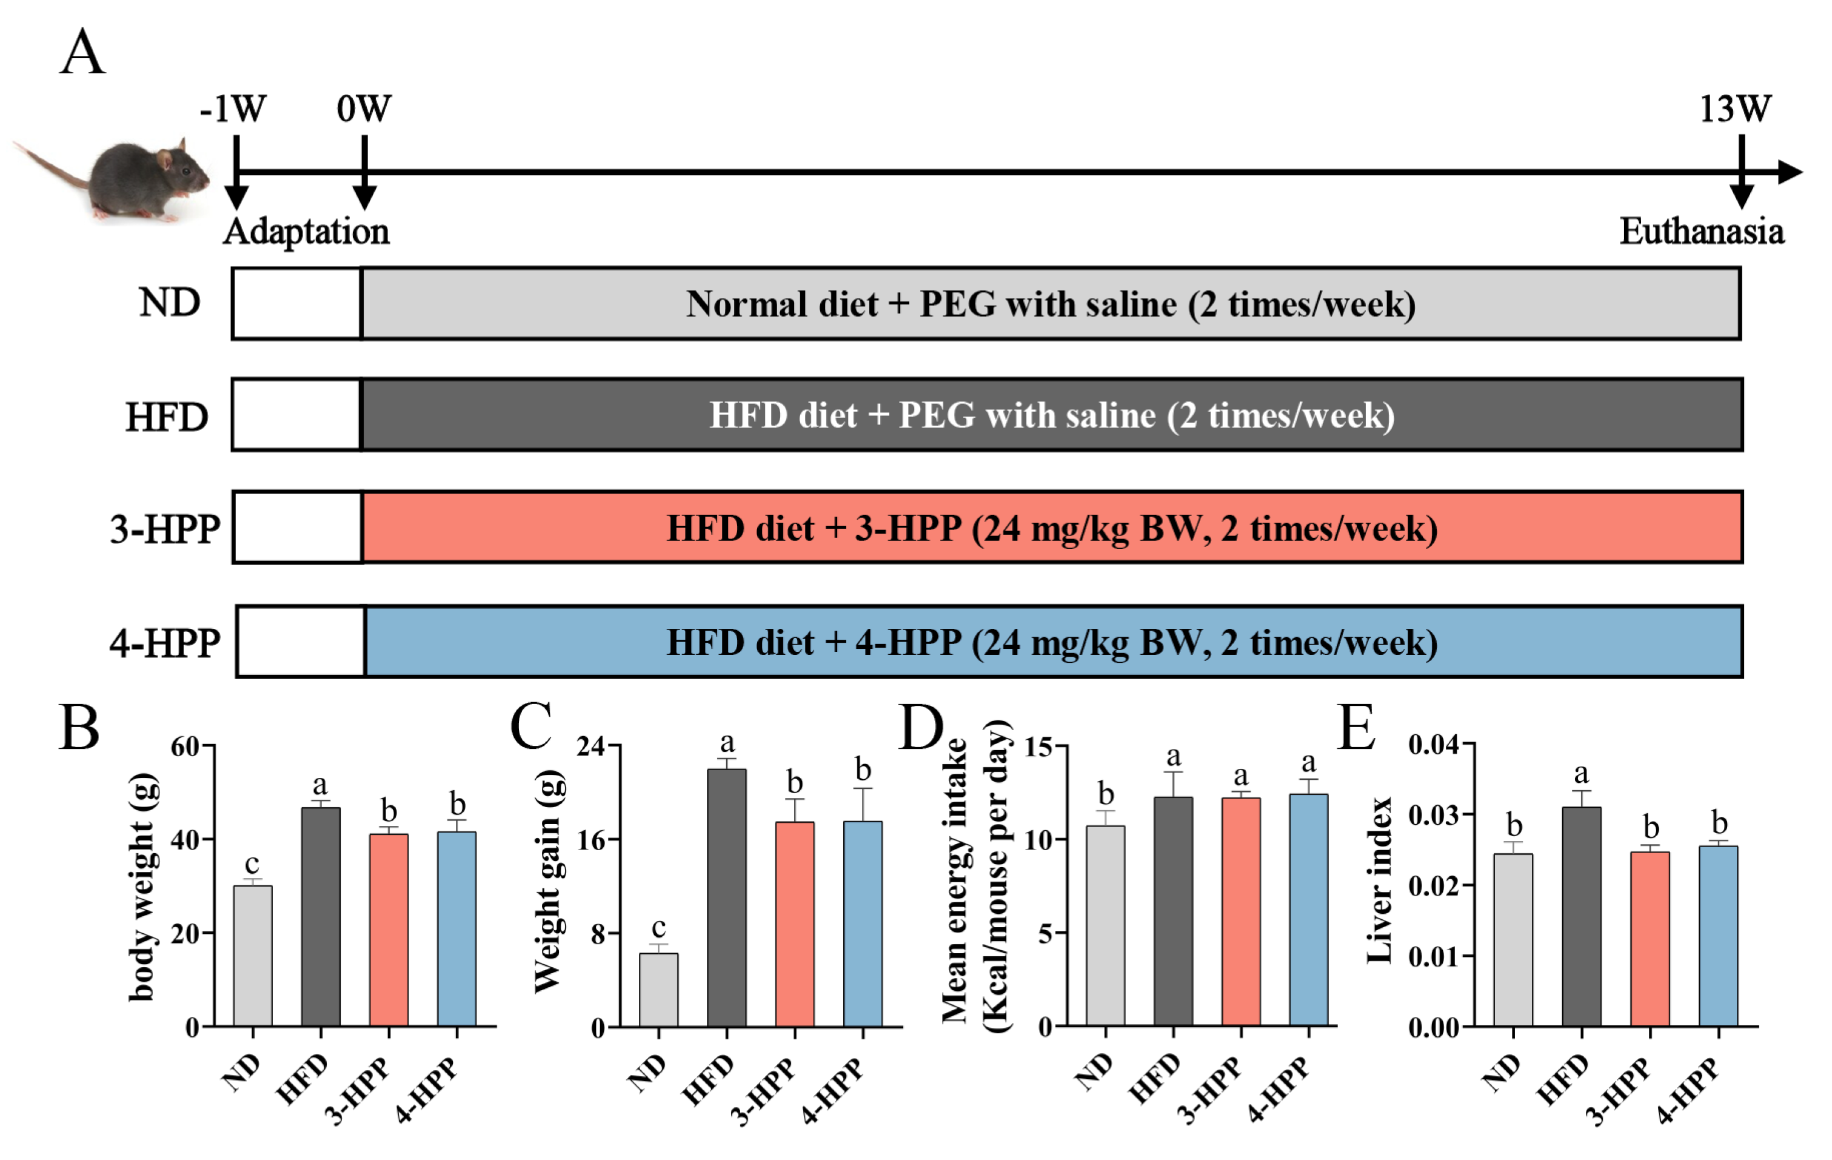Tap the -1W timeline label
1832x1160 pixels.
[233, 109]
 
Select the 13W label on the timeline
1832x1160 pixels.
[1736, 109]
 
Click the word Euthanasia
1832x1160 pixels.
[1701, 232]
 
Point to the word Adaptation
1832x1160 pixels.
[306, 232]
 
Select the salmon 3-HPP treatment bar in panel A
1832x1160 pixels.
[1051, 528]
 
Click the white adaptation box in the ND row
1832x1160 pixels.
[296, 303]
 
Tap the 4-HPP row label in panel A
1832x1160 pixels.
[164, 643]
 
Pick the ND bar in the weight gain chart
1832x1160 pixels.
[658, 990]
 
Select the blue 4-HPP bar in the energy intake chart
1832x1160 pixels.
[1309, 910]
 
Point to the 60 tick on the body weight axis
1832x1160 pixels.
[185, 746]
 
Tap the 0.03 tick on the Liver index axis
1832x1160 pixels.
[1433, 815]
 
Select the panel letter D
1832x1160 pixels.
[921, 728]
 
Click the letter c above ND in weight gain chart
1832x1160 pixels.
[658, 927]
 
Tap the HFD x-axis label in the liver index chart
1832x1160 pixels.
[1562, 1079]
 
